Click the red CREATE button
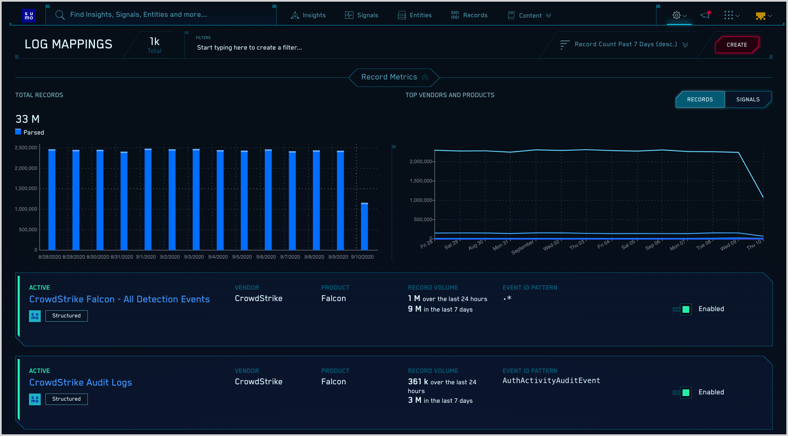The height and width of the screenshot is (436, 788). [x=737, y=45]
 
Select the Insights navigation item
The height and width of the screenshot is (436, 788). [x=308, y=15]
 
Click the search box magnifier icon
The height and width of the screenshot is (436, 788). [x=60, y=15]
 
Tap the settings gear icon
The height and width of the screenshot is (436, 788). [x=676, y=15]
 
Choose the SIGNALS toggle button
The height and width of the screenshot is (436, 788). [x=748, y=100]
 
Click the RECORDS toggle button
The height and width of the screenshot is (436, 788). [x=700, y=100]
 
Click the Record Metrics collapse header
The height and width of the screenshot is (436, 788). [x=394, y=77]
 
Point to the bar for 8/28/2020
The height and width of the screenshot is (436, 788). [x=52, y=200]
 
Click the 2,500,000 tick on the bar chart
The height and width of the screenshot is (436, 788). [x=26, y=148]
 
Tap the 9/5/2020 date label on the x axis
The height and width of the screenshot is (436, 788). [x=242, y=257]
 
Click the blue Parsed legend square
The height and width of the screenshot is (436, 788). [x=18, y=132]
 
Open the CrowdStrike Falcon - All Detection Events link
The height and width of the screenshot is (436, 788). [x=119, y=299]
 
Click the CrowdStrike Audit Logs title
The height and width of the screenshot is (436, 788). [x=80, y=383]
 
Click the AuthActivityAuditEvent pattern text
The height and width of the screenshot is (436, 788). [x=551, y=381]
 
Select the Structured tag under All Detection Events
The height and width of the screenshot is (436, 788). [x=66, y=316]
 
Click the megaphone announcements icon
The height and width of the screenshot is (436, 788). [x=705, y=15]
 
